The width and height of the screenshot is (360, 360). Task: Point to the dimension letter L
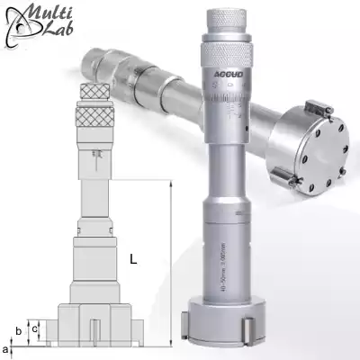132,260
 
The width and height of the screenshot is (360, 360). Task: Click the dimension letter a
7,347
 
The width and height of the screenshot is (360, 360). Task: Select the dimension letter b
18,330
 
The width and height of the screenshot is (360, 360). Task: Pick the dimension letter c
34,328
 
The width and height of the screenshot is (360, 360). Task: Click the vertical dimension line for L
168,261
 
